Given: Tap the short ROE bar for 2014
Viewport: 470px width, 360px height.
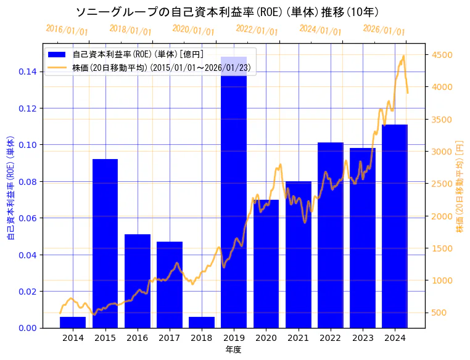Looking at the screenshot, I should [73, 322].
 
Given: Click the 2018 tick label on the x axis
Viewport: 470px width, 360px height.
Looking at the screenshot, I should [202, 338].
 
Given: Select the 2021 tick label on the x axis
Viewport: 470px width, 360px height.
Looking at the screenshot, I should [299, 338].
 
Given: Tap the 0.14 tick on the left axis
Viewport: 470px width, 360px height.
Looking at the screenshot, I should [27, 72].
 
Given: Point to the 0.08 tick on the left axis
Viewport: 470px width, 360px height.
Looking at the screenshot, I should [27, 182].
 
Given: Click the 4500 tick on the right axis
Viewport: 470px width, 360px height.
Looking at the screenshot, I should [442, 55].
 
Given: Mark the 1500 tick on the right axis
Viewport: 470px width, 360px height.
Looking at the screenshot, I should [442, 248].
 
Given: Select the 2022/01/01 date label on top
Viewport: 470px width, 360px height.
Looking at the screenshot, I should [257, 30].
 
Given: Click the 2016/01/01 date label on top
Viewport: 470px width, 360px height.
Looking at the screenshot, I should [67, 30].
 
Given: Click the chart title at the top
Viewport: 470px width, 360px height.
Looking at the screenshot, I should [227, 12].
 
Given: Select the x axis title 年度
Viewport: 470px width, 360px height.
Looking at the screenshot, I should [233, 350].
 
